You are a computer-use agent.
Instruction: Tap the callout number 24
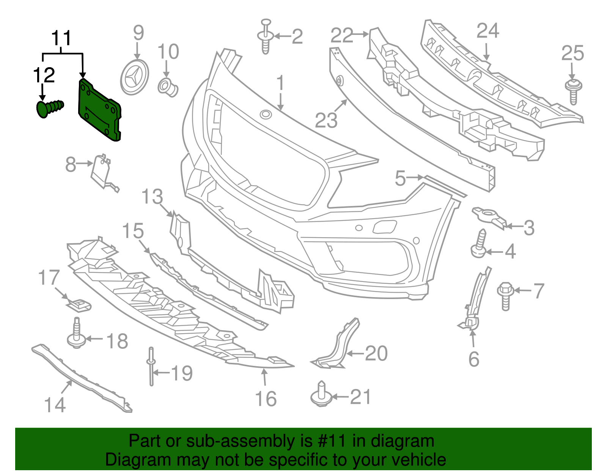click(x=487, y=31)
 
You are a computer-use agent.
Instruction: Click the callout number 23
click(x=326, y=120)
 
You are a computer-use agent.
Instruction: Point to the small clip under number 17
click(x=79, y=304)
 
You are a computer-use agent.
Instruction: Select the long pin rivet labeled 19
click(x=151, y=366)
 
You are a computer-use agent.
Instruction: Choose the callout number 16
click(x=266, y=399)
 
